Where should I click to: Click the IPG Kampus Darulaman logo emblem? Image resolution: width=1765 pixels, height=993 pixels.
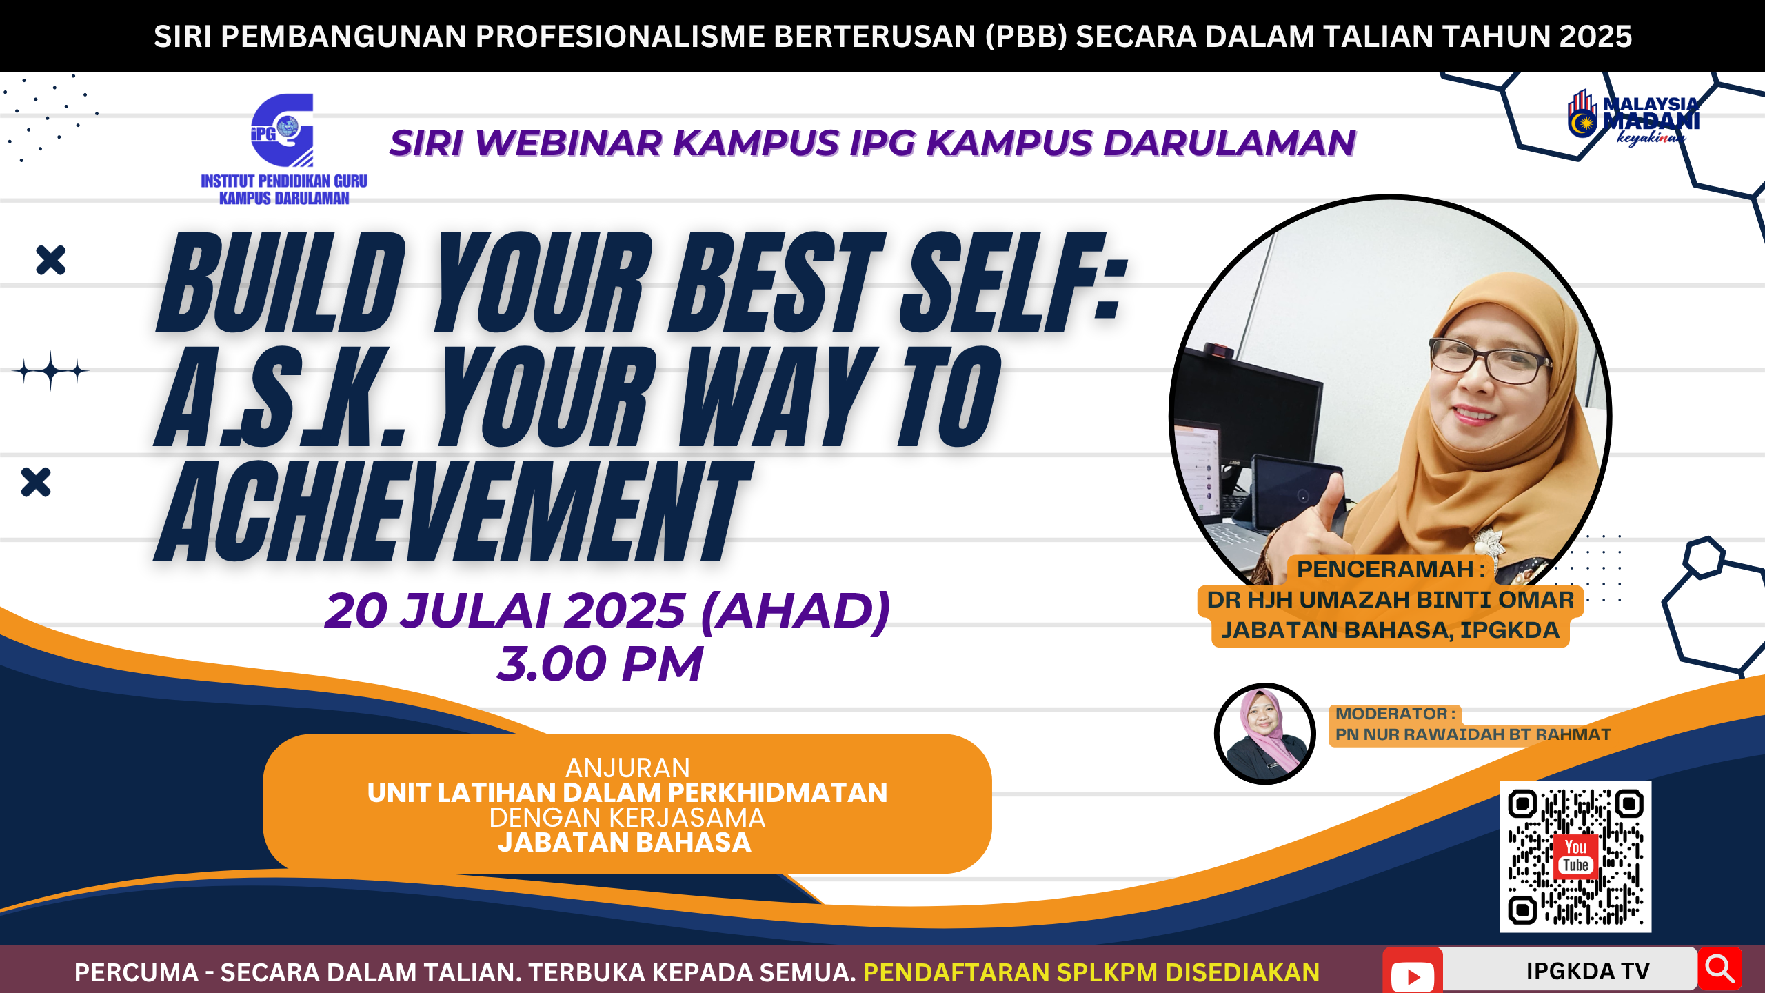click(x=283, y=130)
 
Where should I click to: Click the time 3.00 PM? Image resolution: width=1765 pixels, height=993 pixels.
click(x=600, y=664)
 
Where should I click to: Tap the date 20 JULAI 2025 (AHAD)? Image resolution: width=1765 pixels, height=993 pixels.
click(x=607, y=611)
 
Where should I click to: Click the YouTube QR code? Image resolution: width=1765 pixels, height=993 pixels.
click(x=1575, y=856)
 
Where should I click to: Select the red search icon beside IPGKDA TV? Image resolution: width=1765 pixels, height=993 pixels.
click(x=1719, y=969)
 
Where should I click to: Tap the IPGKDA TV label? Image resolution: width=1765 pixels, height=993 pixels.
click(x=1587, y=971)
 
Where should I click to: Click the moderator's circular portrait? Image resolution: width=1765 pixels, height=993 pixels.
click(x=1264, y=734)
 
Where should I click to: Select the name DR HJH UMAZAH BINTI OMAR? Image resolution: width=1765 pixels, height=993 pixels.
click(x=1390, y=600)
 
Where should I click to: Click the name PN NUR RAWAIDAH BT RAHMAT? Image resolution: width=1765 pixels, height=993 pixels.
click(x=1473, y=735)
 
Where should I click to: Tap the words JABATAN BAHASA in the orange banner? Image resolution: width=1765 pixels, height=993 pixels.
click(x=625, y=843)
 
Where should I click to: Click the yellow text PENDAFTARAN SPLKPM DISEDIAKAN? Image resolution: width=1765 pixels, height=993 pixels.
click(x=1091, y=972)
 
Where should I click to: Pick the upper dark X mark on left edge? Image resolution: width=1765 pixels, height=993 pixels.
click(x=50, y=261)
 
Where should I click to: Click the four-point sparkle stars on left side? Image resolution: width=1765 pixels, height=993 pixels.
click(x=51, y=371)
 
